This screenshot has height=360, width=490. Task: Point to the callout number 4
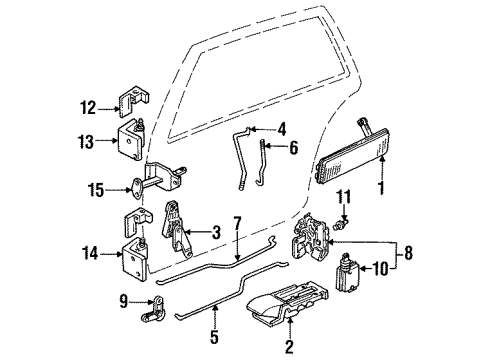point(283,127)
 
